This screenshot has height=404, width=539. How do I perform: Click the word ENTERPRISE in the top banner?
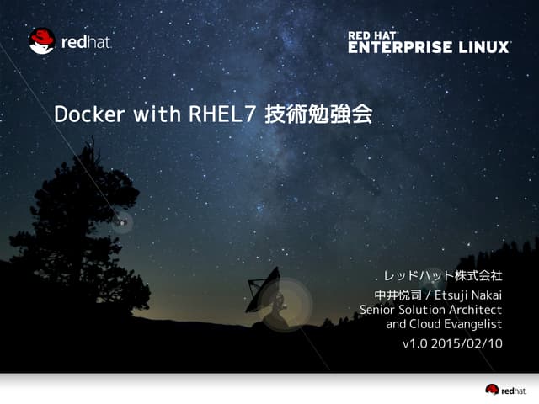[400, 47]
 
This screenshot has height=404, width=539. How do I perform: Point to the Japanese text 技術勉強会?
[318, 114]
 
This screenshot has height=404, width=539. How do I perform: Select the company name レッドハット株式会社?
[443, 275]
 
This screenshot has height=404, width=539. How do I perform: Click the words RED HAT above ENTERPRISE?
[373, 35]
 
